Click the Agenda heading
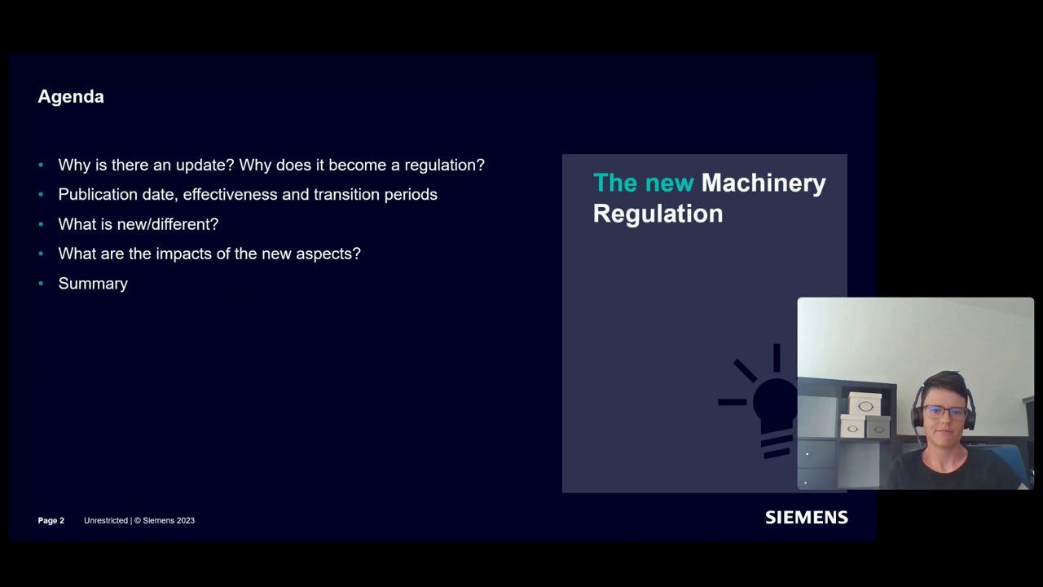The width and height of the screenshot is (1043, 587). pyautogui.click(x=71, y=96)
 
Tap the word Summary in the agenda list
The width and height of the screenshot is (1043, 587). pyautogui.click(x=93, y=284)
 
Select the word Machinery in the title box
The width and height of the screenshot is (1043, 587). pyautogui.click(x=764, y=183)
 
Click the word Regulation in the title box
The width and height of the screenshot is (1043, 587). pyautogui.click(x=658, y=214)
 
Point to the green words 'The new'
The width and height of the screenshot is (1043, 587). pyautogui.click(x=643, y=183)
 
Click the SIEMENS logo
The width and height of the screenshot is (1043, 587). pyautogui.click(x=806, y=518)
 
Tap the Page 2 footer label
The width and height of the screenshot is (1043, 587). pyautogui.click(x=51, y=520)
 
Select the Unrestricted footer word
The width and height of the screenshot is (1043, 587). pyautogui.click(x=106, y=520)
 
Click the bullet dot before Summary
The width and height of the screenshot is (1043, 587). pyautogui.click(x=41, y=284)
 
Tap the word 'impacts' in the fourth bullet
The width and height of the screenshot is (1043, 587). pyautogui.click(x=182, y=254)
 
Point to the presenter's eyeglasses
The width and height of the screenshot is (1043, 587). pyautogui.click(x=944, y=412)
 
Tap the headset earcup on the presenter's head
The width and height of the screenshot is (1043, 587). pyautogui.click(x=918, y=415)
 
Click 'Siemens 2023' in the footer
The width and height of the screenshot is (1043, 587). pyautogui.click(x=169, y=520)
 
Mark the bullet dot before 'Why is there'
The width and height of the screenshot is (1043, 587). pyautogui.click(x=41, y=166)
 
